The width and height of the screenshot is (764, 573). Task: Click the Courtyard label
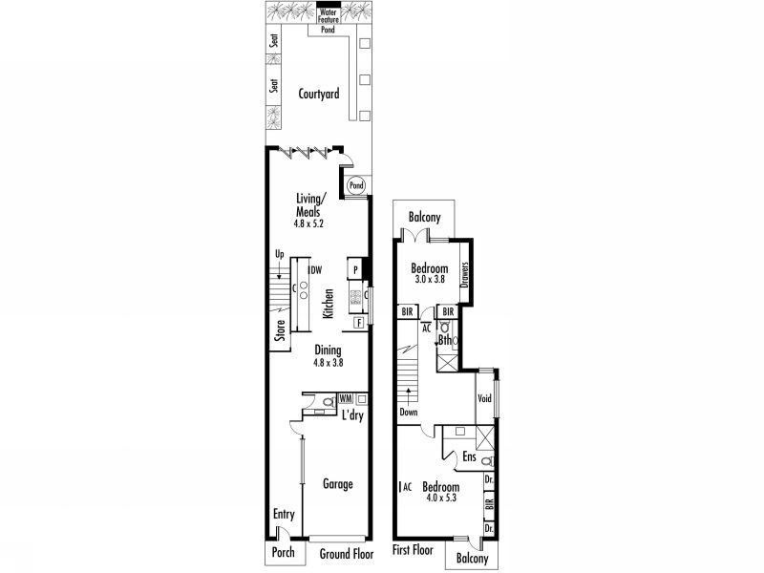coord(319,94)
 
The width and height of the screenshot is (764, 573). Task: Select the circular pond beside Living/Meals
coord(355,184)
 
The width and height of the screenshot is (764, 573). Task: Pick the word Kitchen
coord(327,304)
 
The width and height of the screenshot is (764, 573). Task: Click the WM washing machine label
coord(345,396)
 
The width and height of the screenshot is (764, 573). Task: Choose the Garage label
coord(337,484)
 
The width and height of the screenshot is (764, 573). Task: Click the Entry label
coord(284,515)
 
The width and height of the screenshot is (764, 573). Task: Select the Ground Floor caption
coord(345,553)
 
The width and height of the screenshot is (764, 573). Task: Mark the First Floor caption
coord(414,551)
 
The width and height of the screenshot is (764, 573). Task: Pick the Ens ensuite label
coord(470,457)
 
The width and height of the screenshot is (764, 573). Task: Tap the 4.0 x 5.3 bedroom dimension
coord(441,497)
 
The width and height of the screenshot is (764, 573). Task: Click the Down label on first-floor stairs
coord(409,413)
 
